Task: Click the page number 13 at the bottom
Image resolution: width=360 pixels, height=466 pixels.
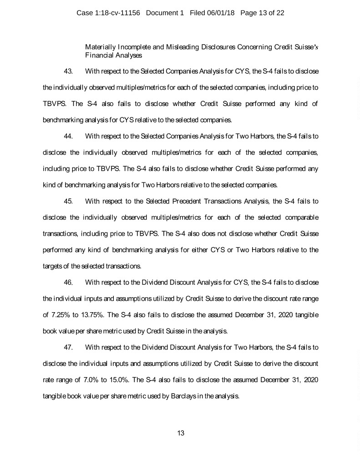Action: [x=181, y=433]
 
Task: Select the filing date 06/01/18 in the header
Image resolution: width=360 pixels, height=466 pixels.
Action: [x=219, y=13]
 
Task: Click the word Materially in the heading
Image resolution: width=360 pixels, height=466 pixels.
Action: [x=100, y=47]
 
